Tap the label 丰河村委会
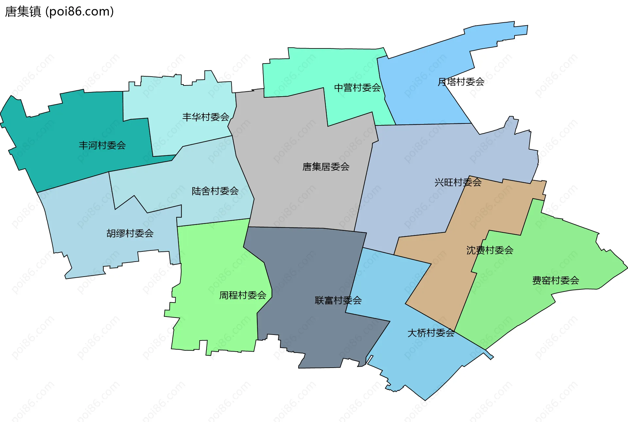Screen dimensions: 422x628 click(x=102, y=145)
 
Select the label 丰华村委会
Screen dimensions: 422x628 click(x=206, y=117)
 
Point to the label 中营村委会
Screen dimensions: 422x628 click(x=358, y=88)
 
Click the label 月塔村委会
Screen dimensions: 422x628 click(x=461, y=82)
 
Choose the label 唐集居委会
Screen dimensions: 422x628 click(x=326, y=167)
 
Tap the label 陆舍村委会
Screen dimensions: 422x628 click(x=215, y=191)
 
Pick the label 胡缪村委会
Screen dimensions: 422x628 click(x=130, y=233)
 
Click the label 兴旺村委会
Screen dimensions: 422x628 click(x=458, y=182)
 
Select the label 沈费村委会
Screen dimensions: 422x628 click(x=490, y=250)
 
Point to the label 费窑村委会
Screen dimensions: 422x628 click(x=556, y=281)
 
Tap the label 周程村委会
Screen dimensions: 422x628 click(x=243, y=295)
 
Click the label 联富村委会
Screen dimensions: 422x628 click(x=338, y=300)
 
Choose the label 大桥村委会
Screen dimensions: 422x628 click(x=431, y=333)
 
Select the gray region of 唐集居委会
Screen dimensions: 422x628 click(x=294, y=196)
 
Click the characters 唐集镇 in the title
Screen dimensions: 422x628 click(x=23, y=11)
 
